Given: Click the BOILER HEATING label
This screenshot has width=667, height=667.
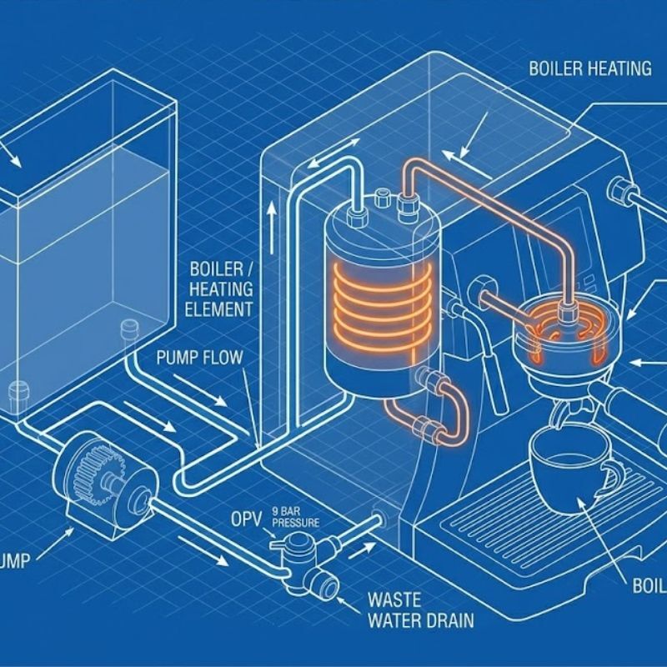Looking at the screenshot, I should pos(590,68).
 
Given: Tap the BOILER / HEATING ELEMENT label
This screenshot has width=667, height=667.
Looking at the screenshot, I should pos(222,289).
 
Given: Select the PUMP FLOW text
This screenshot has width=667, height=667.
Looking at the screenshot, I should pos(200,358).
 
